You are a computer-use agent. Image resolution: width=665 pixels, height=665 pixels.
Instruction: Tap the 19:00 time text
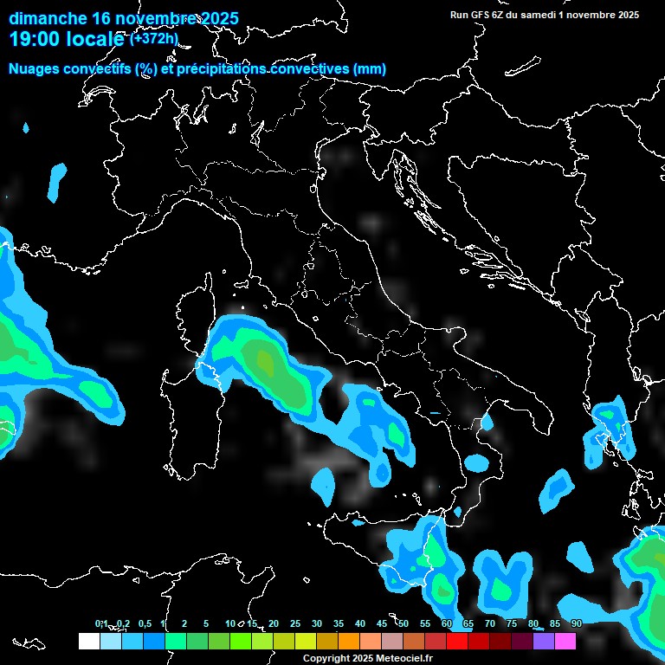coord(33,39)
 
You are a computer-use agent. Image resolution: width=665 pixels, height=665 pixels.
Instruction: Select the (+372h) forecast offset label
coord(154,39)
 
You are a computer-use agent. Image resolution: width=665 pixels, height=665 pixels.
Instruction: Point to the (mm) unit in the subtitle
coord(371,68)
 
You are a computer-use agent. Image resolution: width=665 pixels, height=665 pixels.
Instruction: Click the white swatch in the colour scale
coord(88,642)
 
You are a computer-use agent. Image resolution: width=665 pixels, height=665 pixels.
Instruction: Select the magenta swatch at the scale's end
coord(565,642)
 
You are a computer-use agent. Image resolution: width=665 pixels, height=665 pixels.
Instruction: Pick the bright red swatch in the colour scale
coord(456,642)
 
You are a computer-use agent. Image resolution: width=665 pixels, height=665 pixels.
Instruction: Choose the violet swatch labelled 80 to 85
coord(544,642)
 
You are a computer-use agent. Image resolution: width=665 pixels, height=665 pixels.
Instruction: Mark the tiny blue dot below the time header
coord(25,128)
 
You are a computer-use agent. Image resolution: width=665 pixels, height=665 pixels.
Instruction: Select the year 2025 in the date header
coord(220,18)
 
